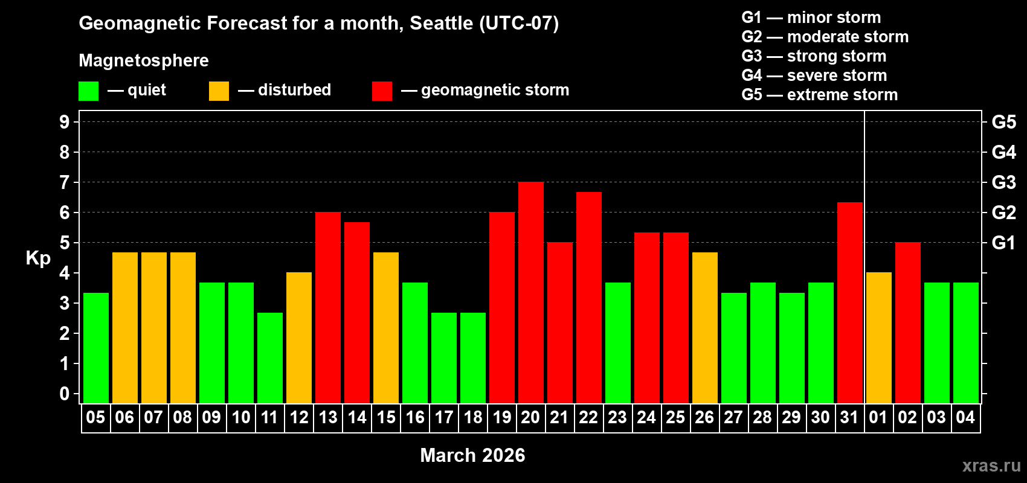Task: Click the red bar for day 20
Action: coord(531,292)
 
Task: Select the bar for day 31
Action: coord(850,302)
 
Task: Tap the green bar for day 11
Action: coord(270,357)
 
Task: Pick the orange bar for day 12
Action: coord(299,337)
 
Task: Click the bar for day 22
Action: coord(589,297)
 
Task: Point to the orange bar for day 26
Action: coord(705,327)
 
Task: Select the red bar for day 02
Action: coord(908,322)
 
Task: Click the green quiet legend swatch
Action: coord(89,91)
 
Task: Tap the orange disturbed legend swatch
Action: coord(219,91)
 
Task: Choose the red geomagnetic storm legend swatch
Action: coord(382,91)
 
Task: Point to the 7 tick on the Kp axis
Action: coord(65,182)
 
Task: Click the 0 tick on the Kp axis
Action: coord(65,394)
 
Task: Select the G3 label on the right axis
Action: coord(1003,182)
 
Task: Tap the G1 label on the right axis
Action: coord(1003,243)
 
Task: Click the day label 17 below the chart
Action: coord(444,417)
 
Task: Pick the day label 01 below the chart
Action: coord(878,417)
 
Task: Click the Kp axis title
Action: coord(38,258)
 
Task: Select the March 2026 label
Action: coord(472,455)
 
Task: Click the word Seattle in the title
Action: coord(441,23)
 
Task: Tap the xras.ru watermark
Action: coord(991,465)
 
